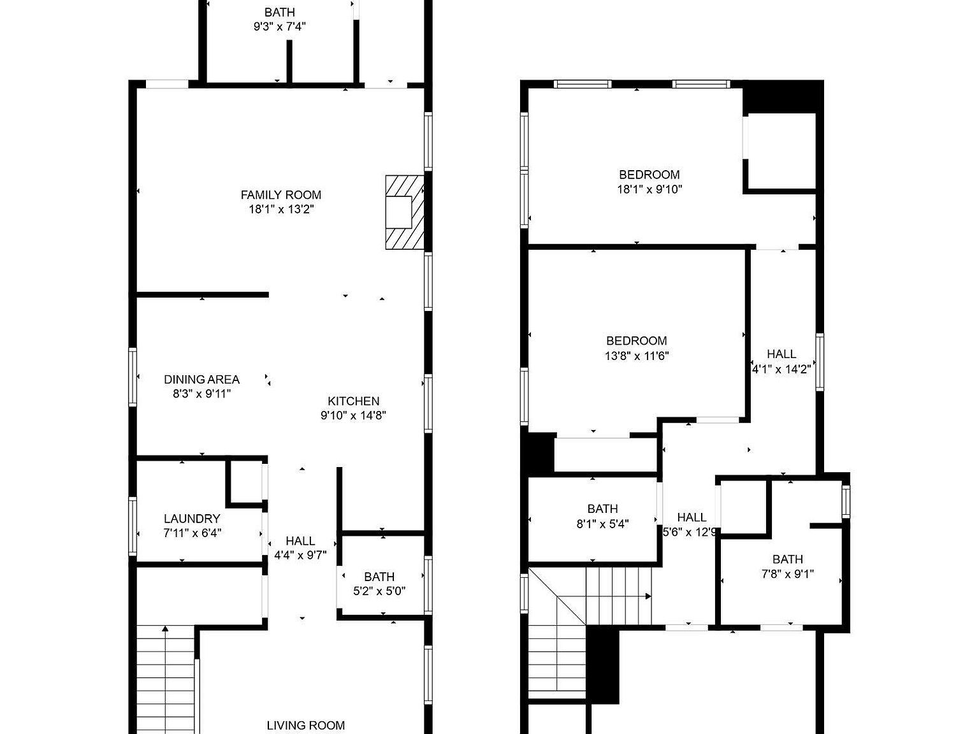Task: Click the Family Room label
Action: (x=280, y=195)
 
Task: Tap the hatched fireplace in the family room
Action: (x=404, y=212)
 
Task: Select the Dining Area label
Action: (x=201, y=380)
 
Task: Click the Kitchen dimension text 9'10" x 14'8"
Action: (x=353, y=415)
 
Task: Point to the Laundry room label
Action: (x=192, y=519)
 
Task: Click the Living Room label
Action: (x=305, y=725)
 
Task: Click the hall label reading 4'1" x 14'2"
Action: (x=781, y=368)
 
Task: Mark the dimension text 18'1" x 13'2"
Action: (x=280, y=209)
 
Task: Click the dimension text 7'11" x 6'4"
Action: (x=192, y=533)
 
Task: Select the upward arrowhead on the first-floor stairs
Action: (x=165, y=630)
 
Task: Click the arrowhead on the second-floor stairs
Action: (x=648, y=596)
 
